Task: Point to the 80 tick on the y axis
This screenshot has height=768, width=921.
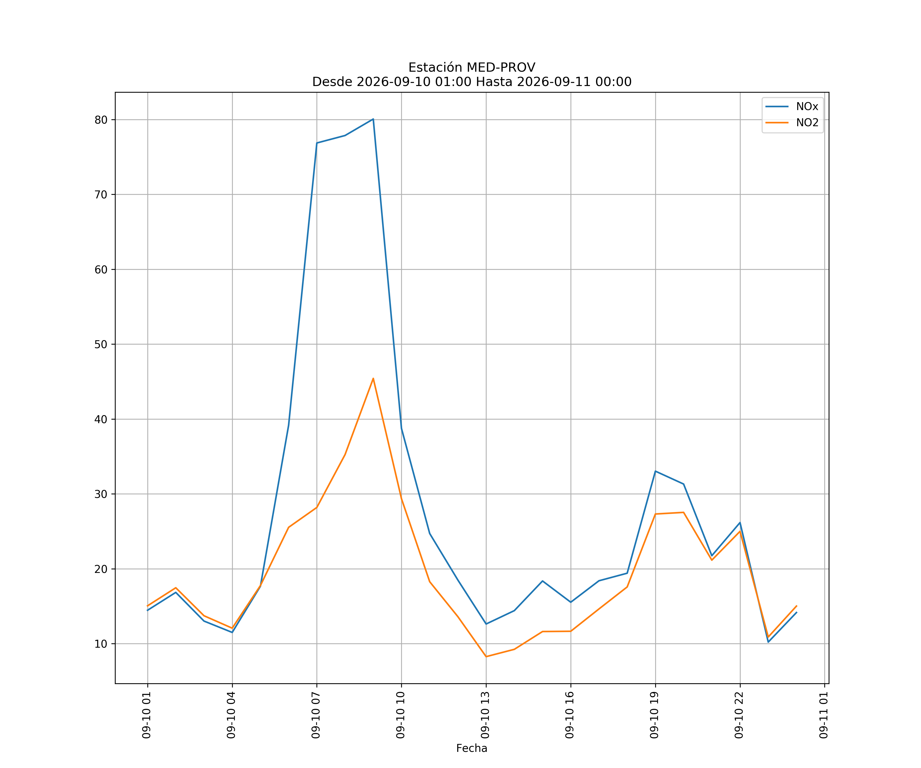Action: click(101, 120)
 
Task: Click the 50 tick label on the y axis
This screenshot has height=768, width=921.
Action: click(101, 345)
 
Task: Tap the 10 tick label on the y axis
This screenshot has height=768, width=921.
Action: click(101, 644)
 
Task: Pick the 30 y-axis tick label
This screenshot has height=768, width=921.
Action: click(101, 494)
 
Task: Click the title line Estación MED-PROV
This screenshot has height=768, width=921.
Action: click(472, 68)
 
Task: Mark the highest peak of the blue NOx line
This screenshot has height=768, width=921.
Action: click(373, 119)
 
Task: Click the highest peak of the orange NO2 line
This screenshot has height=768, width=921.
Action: click(373, 378)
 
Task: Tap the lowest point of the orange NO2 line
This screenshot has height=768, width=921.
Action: click(486, 657)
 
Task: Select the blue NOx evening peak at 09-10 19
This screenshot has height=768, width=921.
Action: click(655, 471)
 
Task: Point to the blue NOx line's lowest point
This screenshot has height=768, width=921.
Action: click(768, 642)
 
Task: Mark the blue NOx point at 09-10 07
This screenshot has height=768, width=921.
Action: click(317, 143)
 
